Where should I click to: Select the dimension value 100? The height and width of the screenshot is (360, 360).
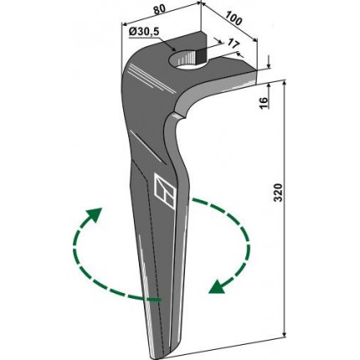233,18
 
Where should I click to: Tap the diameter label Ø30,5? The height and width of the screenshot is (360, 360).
144,32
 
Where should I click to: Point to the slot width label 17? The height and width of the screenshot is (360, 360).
234,44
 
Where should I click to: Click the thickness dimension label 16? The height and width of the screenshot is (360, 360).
264,102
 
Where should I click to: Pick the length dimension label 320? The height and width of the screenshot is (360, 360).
278,193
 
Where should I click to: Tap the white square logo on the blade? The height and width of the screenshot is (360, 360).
165,192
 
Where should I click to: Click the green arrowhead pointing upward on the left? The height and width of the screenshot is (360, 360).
95,215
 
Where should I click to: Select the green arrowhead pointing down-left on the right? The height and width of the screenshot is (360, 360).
217,287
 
